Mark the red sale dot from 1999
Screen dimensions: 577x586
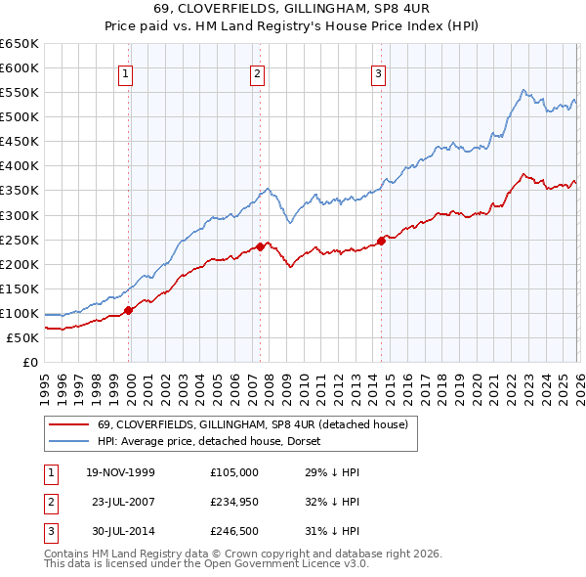click(129, 310)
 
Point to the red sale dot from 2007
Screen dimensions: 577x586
click(261, 246)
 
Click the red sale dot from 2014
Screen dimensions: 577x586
click(382, 241)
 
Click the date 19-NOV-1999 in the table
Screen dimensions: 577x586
click(120, 472)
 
